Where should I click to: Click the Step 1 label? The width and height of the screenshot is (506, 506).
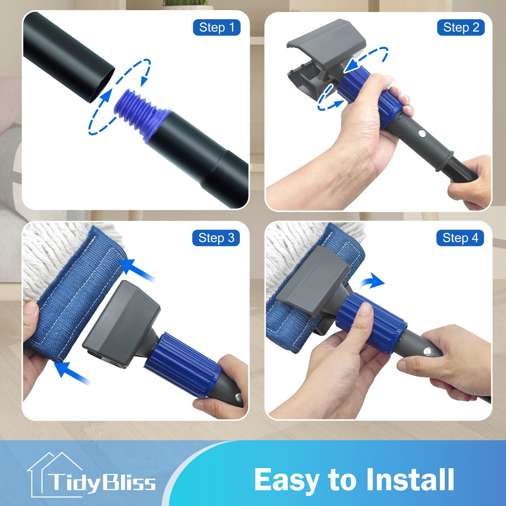217,28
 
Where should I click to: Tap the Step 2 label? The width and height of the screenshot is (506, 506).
461,28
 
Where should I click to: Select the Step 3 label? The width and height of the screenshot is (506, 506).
216,238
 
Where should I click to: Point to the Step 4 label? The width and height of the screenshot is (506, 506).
460,238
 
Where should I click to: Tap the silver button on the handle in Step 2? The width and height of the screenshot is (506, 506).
422,134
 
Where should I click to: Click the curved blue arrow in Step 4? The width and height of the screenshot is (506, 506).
372,282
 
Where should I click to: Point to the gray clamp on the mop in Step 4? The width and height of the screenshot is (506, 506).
314,282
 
